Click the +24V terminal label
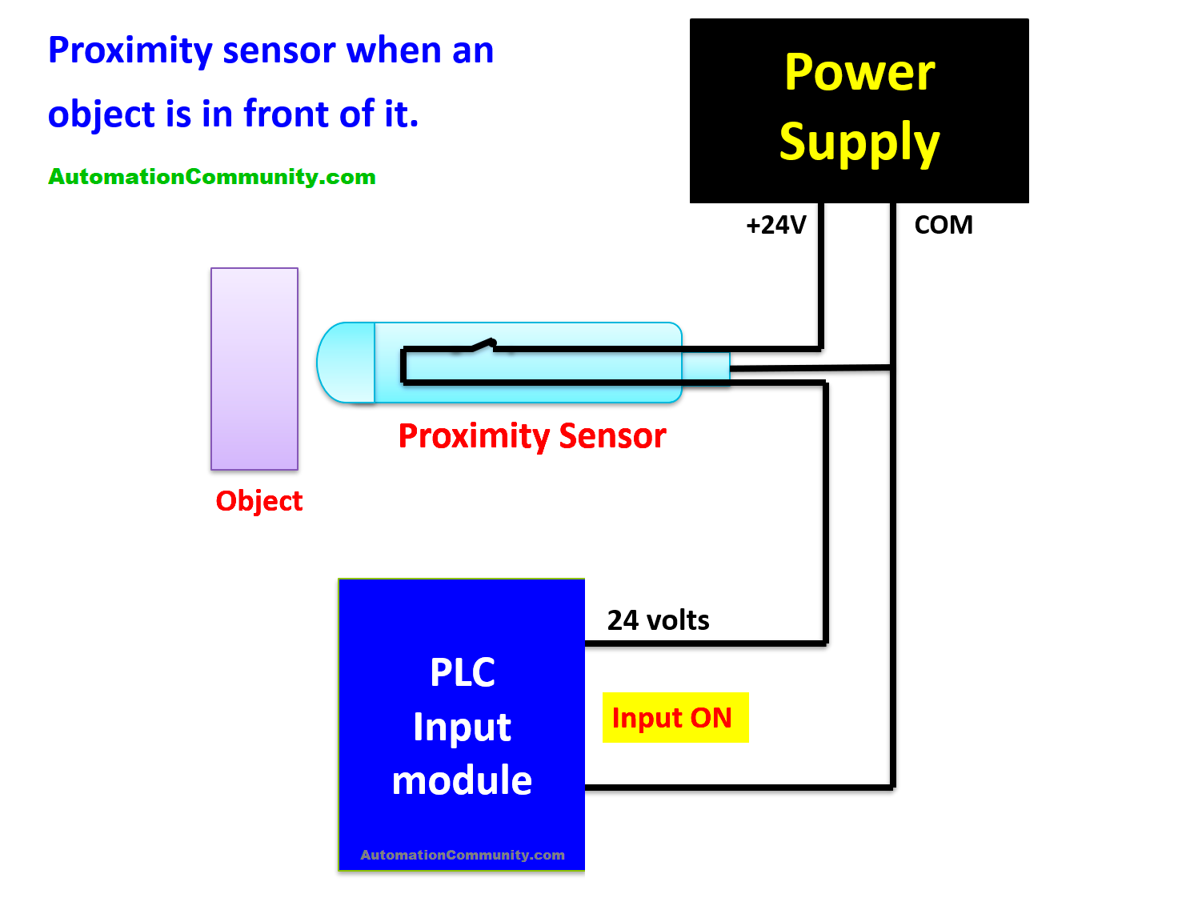[775, 225]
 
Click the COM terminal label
[943, 225]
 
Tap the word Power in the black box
[859, 73]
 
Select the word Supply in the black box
[859, 142]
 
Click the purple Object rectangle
[254, 368]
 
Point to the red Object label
[258, 501]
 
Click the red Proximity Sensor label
[531, 436]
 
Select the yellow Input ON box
[675, 717]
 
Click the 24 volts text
[658, 620]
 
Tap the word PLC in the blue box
[462, 672]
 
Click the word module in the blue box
[462, 780]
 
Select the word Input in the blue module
[462, 727]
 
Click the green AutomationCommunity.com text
[212, 177]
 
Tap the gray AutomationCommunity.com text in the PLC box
[462, 855]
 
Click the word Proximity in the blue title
[130, 51]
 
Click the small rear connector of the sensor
[706, 367]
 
